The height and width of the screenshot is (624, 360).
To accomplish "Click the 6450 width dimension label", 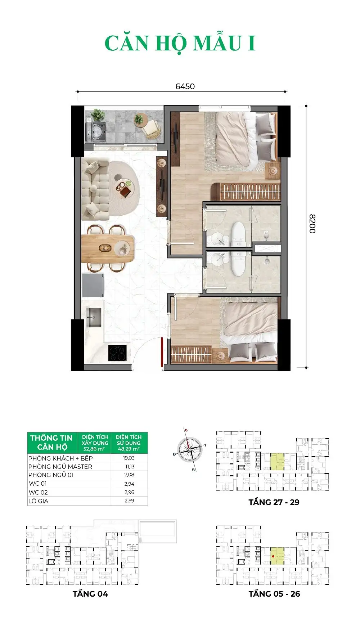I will [185, 86].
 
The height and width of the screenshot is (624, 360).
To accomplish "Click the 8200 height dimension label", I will [312, 224].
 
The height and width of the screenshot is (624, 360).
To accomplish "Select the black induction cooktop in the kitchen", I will [117, 353].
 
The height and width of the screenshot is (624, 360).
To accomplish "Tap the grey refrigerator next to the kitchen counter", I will [93, 286].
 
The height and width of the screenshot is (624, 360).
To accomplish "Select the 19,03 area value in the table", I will [129, 458].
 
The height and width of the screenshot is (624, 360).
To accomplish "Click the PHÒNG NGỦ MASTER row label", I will [60, 466].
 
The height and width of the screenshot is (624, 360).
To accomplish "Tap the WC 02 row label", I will [38, 492].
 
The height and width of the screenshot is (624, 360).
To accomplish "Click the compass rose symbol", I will [190, 450].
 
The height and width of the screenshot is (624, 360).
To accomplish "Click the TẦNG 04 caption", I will [90, 594].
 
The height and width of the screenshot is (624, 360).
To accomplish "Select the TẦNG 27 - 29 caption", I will [274, 502].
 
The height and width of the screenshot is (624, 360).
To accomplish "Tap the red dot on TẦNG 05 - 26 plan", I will [273, 556].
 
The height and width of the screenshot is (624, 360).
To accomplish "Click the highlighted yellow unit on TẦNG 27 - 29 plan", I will [277, 462].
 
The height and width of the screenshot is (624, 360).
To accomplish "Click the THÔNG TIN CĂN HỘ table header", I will [51, 443].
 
